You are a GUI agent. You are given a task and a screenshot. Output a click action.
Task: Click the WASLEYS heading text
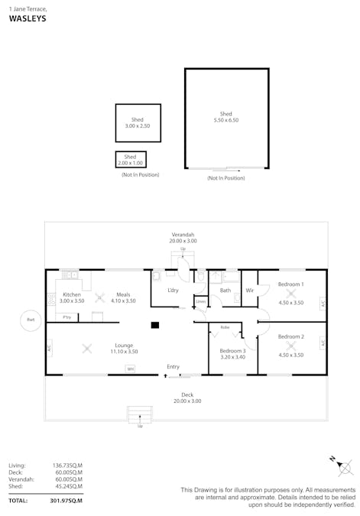click(x=28, y=18)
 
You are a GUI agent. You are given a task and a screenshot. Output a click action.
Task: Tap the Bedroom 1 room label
click(x=290, y=284)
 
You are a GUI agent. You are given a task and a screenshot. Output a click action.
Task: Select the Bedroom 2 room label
click(x=290, y=336)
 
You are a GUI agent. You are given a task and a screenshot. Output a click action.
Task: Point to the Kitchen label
click(x=72, y=294)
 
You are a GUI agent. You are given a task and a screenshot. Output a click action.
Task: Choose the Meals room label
click(x=123, y=294)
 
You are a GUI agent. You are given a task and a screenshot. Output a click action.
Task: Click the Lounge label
click(x=124, y=345)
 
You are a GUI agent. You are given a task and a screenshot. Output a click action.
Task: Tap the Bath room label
click(x=225, y=290)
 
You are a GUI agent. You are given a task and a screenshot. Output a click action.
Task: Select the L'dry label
click(x=173, y=290)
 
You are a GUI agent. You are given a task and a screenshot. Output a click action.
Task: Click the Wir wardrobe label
click(x=249, y=290)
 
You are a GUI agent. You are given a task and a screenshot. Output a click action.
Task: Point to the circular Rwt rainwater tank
click(x=31, y=320)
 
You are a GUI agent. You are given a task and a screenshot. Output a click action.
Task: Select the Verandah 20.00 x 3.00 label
click(x=182, y=237)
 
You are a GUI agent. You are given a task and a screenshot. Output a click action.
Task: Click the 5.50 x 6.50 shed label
click(x=225, y=117)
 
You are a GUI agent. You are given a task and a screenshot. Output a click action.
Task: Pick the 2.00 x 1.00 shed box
click(x=131, y=160)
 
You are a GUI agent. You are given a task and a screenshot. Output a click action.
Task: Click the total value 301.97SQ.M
click(x=66, y=501)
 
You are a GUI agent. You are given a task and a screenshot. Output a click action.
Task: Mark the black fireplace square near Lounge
click(x=155, y=325)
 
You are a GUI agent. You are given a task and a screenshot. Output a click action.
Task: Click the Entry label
click(x=174, y=367)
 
